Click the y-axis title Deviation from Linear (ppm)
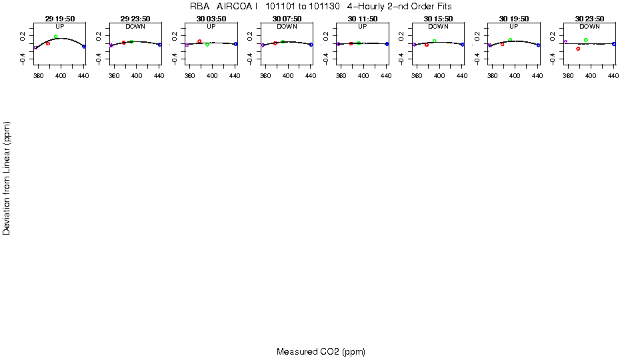click(x=7, y=178)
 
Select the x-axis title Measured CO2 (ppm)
click(x=321, y=351)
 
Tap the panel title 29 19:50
click(x=60, y=19)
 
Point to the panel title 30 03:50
click(x=211, y=19)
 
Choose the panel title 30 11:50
click(x=363, y=19)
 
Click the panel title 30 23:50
click(x=589, y=19)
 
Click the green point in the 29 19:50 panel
click(x=56, y=37)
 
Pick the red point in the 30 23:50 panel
click(x=578, y=49)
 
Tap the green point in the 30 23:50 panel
click(x=585, y=40)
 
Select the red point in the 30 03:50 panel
click(x=199, y=41)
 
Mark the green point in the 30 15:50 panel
click(x=434, y=41)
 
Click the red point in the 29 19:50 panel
click(x=48, y=43)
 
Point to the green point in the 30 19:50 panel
click(x=510, y=40)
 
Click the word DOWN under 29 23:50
click(x=135, y=27)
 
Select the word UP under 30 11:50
click(x=363, y=27)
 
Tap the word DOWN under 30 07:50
click(x=287, y=27)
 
